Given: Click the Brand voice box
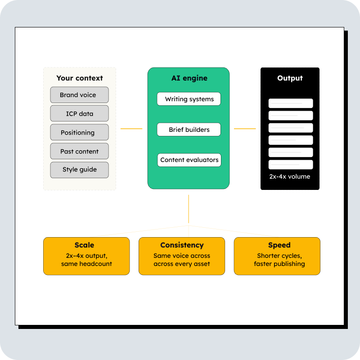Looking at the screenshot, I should pyautogui.click(x=80, y=95).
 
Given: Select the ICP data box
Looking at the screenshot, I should pyautogui.click(x=80, y=114).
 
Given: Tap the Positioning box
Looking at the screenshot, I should pyautogui.click(x=80, y=133).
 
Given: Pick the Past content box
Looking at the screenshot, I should pyautogui.click(x=80, y=152).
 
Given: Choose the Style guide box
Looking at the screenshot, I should pyautogui.click(x=80, y=170).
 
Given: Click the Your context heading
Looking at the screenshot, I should pyautogui.click(x=80, y=78).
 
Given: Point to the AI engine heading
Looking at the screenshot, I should pyautogui.click(x=189, y=78).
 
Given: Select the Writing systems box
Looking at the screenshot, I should pyautogui.click(x=189, y=99).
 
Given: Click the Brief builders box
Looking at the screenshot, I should pyautogui.click(x=189, y=130).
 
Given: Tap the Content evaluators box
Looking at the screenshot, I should pyautogui.click(x=189, y=160).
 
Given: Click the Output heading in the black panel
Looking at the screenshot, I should pyautogui.click(x=290, y=78).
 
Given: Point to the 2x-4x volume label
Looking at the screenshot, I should pyautogui.click(x=290, y=176).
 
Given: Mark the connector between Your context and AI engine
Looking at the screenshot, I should pyautogui.click(x=131, y=129).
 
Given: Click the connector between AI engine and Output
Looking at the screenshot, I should pyautogui.click(x=245, y=129).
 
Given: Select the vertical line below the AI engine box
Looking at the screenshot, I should pyautogui.click(x=189, y=209).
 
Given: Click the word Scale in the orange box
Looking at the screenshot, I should pyautogui.click(x=85, y=245).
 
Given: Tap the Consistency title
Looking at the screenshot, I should pyautogui.click(x=182, y=245).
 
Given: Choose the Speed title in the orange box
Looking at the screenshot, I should pyautogui.click(x=279, y=245).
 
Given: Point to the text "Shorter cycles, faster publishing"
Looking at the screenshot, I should pyautogui.click(x=279, y=260).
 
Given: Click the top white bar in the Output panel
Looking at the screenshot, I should pyautogui.click(x=291, y=103).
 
